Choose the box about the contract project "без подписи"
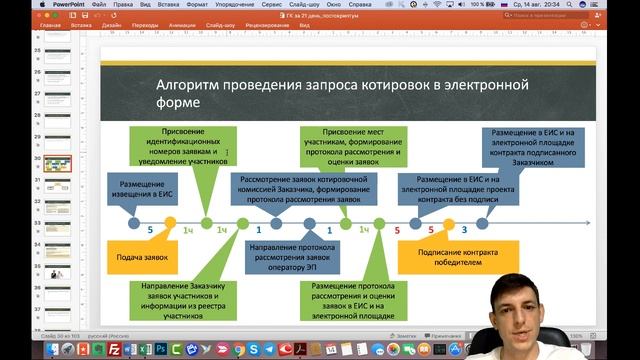click(451, 188)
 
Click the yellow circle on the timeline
click(170, 223)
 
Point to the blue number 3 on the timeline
click(462, 230)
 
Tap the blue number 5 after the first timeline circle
click(150, 230)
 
